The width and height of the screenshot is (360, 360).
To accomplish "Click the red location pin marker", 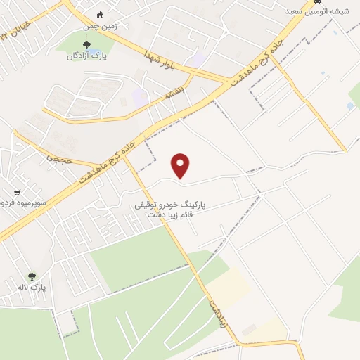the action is click(x=181, y=165).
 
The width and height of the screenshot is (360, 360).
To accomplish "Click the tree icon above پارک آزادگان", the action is click(x=86, y=45).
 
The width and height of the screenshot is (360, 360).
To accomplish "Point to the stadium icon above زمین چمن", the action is click(x=100, y=15).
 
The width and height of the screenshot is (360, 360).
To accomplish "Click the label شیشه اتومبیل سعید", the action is click(x=313, y=12).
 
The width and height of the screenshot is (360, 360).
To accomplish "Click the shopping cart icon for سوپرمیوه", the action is click(x=16, y=192).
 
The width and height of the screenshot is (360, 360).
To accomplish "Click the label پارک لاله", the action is click(x=32, y=288).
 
